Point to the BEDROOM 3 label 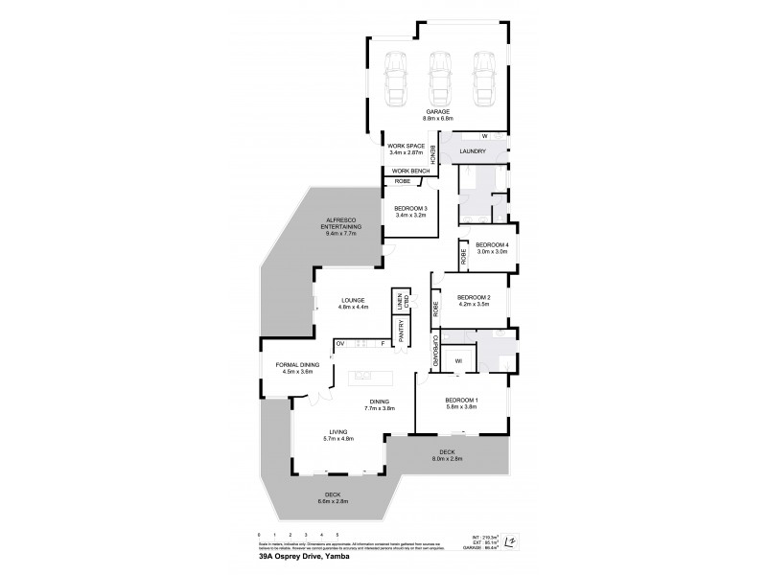409,210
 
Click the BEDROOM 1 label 462,402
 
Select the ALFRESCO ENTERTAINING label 342,222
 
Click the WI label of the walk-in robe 458,361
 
